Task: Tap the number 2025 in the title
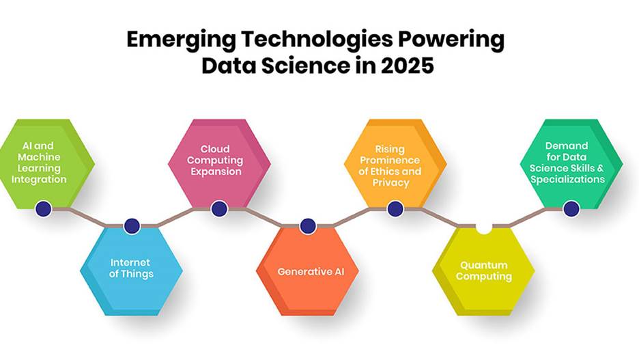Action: pos(407,66)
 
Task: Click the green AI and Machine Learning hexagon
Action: pos(45,164)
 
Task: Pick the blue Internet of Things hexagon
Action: pos(131,270)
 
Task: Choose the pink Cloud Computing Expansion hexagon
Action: pos(219,164)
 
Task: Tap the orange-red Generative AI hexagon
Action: pos(308,270)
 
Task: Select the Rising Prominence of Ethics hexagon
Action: pos(395,164)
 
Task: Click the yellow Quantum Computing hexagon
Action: pos(484,270)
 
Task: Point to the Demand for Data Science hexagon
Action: pos(571,164)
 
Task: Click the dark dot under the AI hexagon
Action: pos(44,209)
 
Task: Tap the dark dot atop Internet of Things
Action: pos(132,226)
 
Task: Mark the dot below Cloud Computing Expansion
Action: pos(219,209)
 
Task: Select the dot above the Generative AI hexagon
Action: pos(308,226)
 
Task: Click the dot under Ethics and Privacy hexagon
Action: pos(395,209)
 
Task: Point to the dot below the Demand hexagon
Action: pos(571,209)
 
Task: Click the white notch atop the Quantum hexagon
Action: pos(484,228)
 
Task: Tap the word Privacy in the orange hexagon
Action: pos(390,182)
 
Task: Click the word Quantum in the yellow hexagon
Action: pos(484,265)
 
